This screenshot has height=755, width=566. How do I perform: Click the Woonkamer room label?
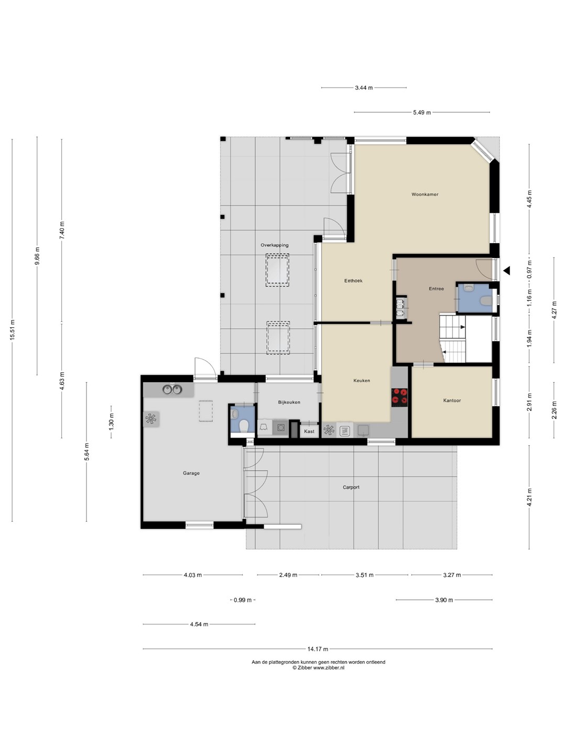pos(424,195)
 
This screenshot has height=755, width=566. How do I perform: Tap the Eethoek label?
pos(353,281)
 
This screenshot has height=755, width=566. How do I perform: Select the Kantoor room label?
pos(452,401)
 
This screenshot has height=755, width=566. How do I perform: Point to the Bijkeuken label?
pos(289,402)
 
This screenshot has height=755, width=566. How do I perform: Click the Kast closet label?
pos(309,432)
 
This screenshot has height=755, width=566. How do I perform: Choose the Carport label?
pos(351,488)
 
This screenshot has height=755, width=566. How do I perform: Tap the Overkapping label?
pos(274,245)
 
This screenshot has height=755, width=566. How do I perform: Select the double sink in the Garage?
pos(172,390)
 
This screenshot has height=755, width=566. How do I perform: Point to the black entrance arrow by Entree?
pos(507,271)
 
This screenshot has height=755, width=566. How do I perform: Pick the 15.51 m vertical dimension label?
pos(13,330)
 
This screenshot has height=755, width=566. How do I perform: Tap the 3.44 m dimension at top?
pos(364,88)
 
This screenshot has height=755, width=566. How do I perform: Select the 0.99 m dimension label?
pos(242,600)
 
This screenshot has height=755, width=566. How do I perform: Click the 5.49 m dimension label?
pos(422,113)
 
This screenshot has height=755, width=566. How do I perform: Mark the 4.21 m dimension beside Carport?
pos(529,497)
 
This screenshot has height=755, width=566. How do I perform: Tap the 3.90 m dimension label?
pos(444,600)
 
